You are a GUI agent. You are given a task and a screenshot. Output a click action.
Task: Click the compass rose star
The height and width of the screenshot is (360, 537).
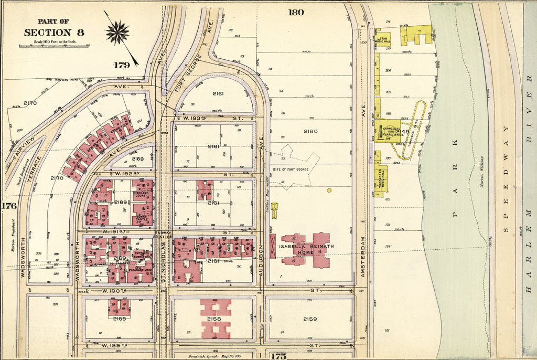[117, 32]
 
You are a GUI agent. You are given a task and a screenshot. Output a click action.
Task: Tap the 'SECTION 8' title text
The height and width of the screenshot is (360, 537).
[54, 33]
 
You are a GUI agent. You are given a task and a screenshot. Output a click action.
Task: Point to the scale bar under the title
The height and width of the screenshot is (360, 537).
[54, 46]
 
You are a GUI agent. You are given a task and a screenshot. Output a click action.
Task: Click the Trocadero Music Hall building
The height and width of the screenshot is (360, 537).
[381, 175]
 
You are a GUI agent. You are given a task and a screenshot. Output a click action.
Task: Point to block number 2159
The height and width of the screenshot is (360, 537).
[310, 319]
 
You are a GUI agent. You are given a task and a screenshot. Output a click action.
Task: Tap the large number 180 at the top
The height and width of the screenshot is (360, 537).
[296, 12]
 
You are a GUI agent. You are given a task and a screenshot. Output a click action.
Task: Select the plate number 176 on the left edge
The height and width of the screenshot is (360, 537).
[9, 206]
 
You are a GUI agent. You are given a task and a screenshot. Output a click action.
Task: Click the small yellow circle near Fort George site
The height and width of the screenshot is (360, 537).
[329, 190]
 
